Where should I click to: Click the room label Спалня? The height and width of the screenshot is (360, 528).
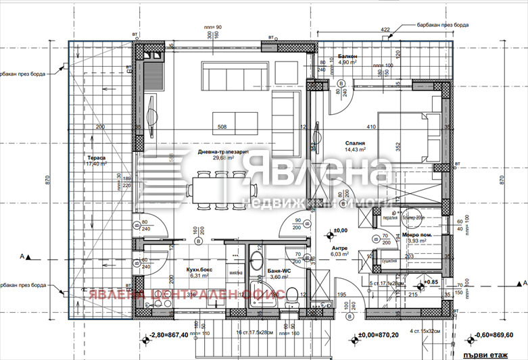click(x=354, y=144)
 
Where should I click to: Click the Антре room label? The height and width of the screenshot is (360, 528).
click(x=339, y=248)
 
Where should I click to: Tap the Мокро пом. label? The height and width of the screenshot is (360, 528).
click(x=416, y=236)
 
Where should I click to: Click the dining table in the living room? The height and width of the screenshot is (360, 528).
click(x=216, y=186)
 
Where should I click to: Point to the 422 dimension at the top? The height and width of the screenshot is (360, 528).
click(x=385, y=30)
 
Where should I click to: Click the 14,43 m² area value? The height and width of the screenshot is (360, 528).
click(x=355, y=150)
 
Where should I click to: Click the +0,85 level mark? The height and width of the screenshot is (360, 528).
click(x=431, y=281)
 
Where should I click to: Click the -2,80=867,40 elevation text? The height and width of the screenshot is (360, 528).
click(x=170, y=335)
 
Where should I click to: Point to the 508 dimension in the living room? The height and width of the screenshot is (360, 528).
click(x=222, y=126)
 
